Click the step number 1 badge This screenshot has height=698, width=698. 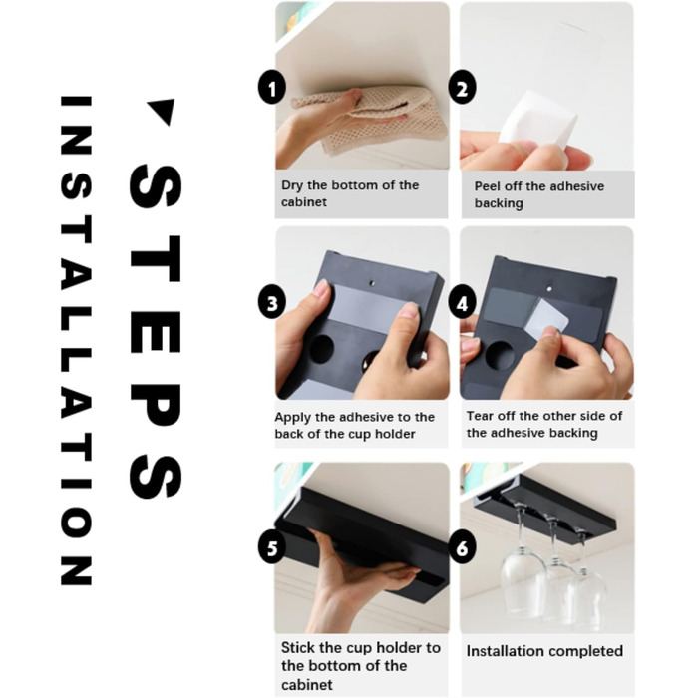272,88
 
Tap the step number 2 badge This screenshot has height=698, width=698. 462,88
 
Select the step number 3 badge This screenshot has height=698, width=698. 272,303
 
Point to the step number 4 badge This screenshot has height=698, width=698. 462,303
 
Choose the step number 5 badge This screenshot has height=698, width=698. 272,548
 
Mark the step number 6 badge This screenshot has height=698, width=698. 462,548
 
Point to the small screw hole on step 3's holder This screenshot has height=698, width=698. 373,283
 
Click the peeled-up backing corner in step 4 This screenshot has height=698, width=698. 546,317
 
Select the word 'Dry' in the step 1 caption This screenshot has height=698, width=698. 291,185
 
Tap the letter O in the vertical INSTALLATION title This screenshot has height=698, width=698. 76,523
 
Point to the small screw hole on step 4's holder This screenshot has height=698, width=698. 549,289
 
